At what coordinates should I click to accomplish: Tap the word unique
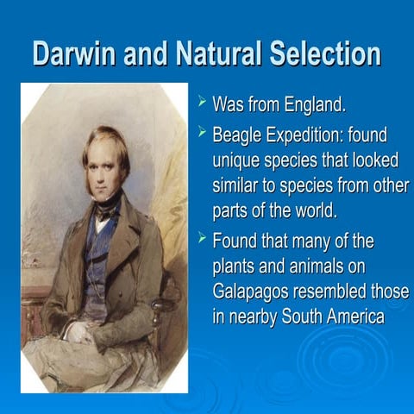click(237, 160)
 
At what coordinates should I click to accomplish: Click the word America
click(348, 317)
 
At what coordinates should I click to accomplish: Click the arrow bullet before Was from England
click(202, 103)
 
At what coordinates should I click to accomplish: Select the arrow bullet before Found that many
click(202, 238)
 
